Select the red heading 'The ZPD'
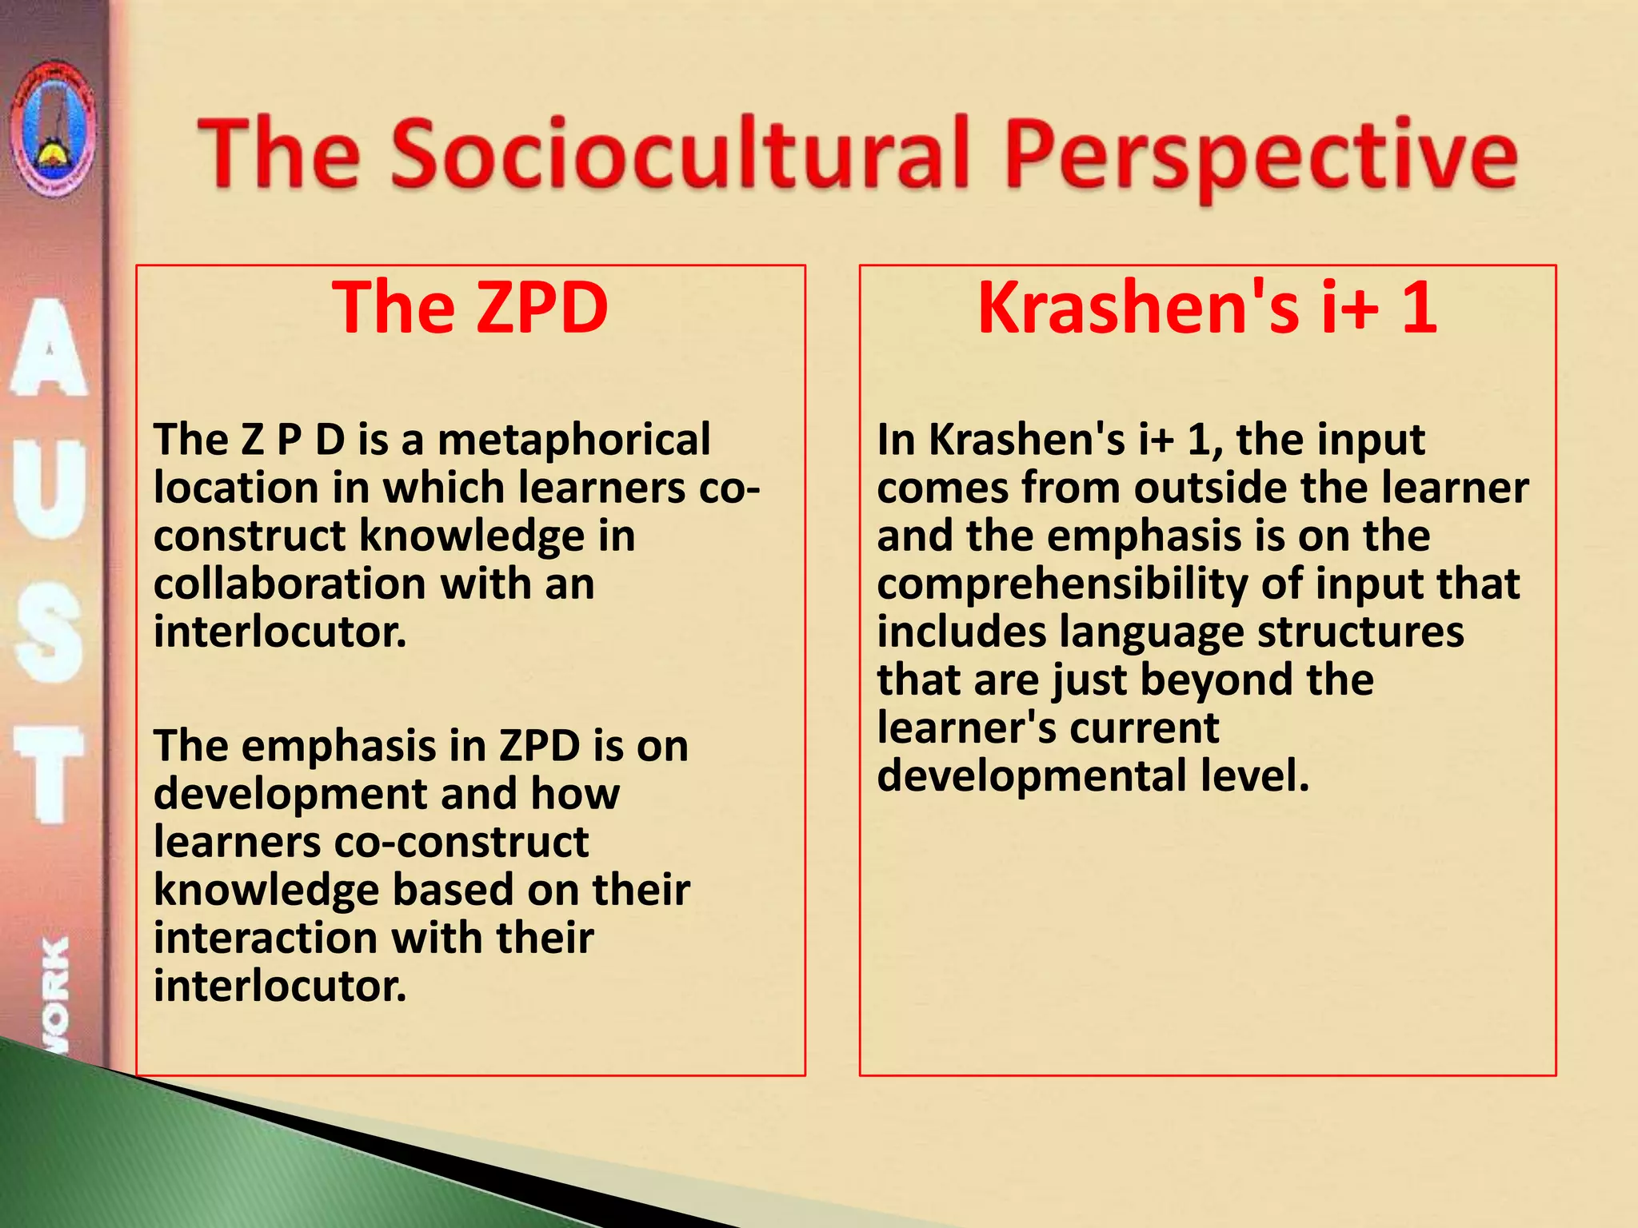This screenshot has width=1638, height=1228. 470,308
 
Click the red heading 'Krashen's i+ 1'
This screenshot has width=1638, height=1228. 1208,308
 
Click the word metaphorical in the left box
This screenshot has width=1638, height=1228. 573,440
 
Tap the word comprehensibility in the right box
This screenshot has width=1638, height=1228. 1061,585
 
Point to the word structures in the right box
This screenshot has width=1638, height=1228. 1360,632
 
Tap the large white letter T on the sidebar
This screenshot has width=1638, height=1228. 50,774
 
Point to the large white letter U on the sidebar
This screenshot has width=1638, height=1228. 50,488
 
